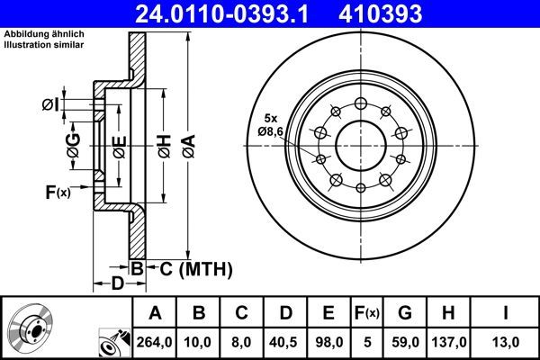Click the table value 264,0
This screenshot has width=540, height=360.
coord(155,342)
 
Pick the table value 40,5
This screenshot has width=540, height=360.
coord(284,342)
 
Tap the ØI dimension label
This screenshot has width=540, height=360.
coord(51,105)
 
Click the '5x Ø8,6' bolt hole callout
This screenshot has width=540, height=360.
coord(269,125)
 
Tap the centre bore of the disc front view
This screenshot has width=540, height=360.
coord(361,144)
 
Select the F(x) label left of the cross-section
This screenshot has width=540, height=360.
coord(57,192)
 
